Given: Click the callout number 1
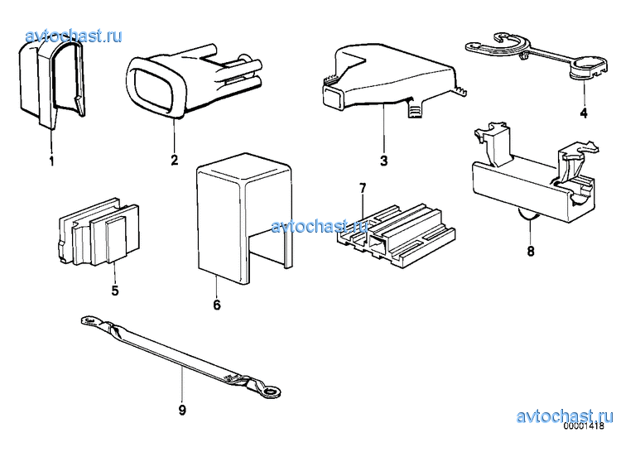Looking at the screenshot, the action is point(52,161).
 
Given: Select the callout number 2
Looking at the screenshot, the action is point(175,160).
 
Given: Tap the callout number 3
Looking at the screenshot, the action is point(383,161).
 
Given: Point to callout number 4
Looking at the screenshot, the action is point(584,113).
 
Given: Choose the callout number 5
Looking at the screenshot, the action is point(115,291).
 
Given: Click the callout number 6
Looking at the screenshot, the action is point(217,305).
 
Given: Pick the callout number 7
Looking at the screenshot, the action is point(363,188).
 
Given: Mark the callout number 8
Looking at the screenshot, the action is point(531,251).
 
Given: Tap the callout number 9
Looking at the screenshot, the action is point(182,410).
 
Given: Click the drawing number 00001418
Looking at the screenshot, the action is point(584,426).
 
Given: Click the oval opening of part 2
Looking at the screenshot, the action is point(151,89).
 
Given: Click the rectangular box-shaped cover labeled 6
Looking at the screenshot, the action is point(245,219).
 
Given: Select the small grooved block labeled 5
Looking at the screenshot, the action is point(98,233).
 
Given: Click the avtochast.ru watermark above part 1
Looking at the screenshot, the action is point(74,36).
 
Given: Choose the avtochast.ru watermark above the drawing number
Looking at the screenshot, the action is point(565,416).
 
